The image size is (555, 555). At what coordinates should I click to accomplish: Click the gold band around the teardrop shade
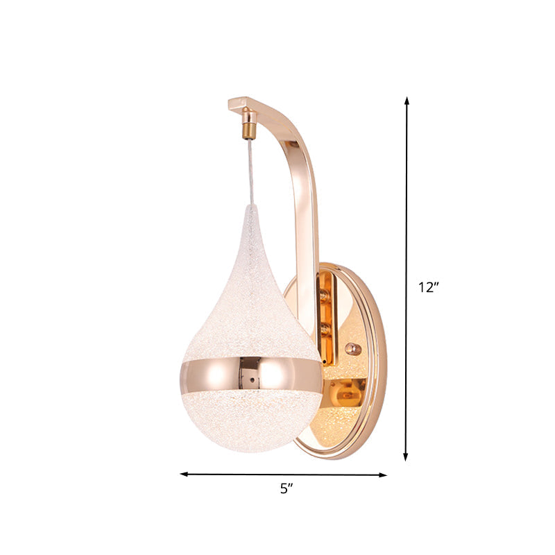251,375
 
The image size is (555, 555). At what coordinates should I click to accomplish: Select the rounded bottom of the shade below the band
251,423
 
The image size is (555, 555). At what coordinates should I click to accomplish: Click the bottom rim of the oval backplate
347,454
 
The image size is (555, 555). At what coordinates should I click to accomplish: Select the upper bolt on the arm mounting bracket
323,295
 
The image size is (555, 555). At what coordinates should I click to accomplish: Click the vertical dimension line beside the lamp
407,208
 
